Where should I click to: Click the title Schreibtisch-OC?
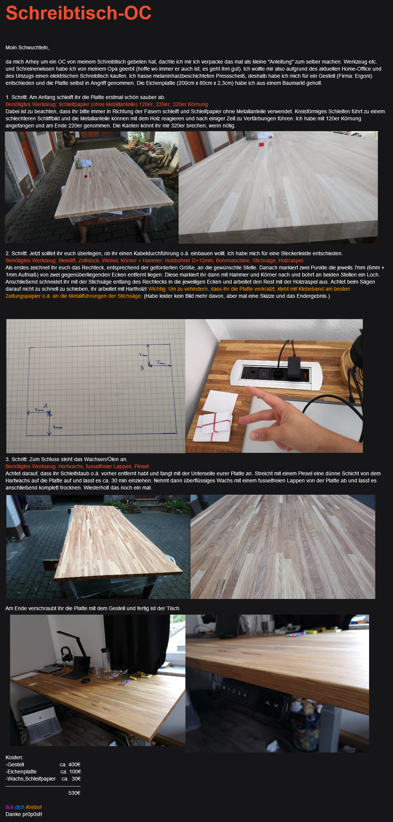click(79, 13)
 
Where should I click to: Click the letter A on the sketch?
click(45, 405)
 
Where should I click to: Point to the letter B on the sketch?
click(142, 368)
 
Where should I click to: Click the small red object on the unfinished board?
click(86, 175)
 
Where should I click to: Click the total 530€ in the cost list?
click(74, 793)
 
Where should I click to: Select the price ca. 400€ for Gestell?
click(70, 764)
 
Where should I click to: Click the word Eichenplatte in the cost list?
click(22, 772)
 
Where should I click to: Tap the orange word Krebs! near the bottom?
click(34, 807)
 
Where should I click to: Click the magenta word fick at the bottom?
click(9, 807)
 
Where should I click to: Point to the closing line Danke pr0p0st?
click(24, 814)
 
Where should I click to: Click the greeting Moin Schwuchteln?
click(27, 47)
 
